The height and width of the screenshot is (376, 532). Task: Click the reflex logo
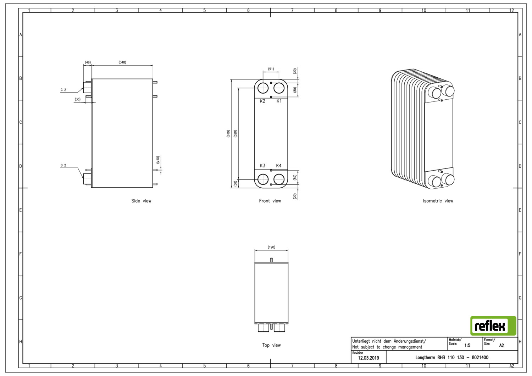click(x=493, y=326)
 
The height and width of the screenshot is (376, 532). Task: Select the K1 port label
click(x=279, y=101)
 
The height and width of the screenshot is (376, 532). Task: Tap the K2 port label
click(x=262, y=101)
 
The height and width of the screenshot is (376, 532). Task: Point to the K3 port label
click(x=262, y=166)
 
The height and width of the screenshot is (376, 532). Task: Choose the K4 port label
click(x=279, y=166)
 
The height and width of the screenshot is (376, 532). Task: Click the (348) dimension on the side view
click(x=122, y=62)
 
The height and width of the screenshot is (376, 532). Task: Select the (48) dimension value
click(x=88, y=62)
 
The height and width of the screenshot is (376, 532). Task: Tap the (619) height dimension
click(x=228, y=133)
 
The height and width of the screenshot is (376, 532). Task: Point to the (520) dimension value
click(x=235, y=133)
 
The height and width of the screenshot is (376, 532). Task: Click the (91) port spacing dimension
click(x=271, y=69)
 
